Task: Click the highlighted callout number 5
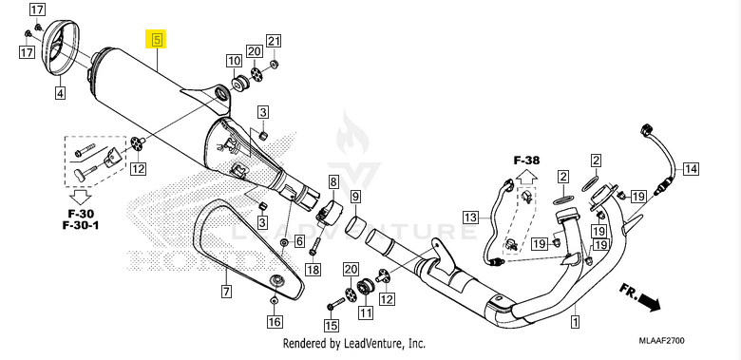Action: coord(156,40)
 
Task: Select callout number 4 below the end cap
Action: coord(60,93)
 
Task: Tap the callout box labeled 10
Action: coord(233,62)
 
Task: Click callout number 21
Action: coord(274,40)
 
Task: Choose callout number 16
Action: coord(275,322)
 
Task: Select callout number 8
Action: coord(333,180)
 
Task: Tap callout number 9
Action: coord(355,198)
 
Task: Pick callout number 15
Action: coord(331,325)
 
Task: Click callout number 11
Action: coord(364,312)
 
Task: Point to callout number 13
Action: coord(469,218)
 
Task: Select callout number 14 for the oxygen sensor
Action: coord(690,169)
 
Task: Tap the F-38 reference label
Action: coord(526,161)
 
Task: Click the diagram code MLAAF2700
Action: coord(689,339)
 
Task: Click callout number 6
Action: coord(299,241)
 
